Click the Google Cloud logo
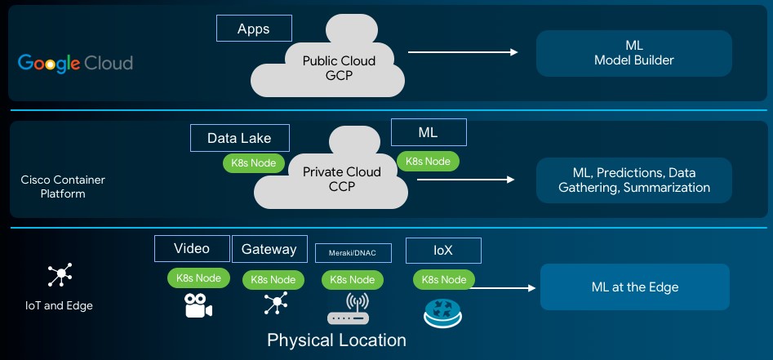pyautogui.click(x=75, y=63)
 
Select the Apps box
pyautogui.click(x=254, y=29)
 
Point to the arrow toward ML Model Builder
pyautogui.click(x=462, y=52)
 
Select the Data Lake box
pyautogui.click(x=238, y=138)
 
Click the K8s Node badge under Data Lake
pyautogui.click(x=254, y=163)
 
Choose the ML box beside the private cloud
pyautogui.click(x=429, y=132)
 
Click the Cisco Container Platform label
pyautogui.click(x=63, y=186)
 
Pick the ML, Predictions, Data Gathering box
pyautogui.click(x=633, y=180)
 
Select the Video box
pyautogui.click(x=192, y=249)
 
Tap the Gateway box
pyautogui.click(x=269, y=249)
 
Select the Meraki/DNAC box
pyautogui.click(x=353, y=252)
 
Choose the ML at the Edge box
pyautogui.click(x=634, y=287)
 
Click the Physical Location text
pyautogui.click(x=336, y=340)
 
